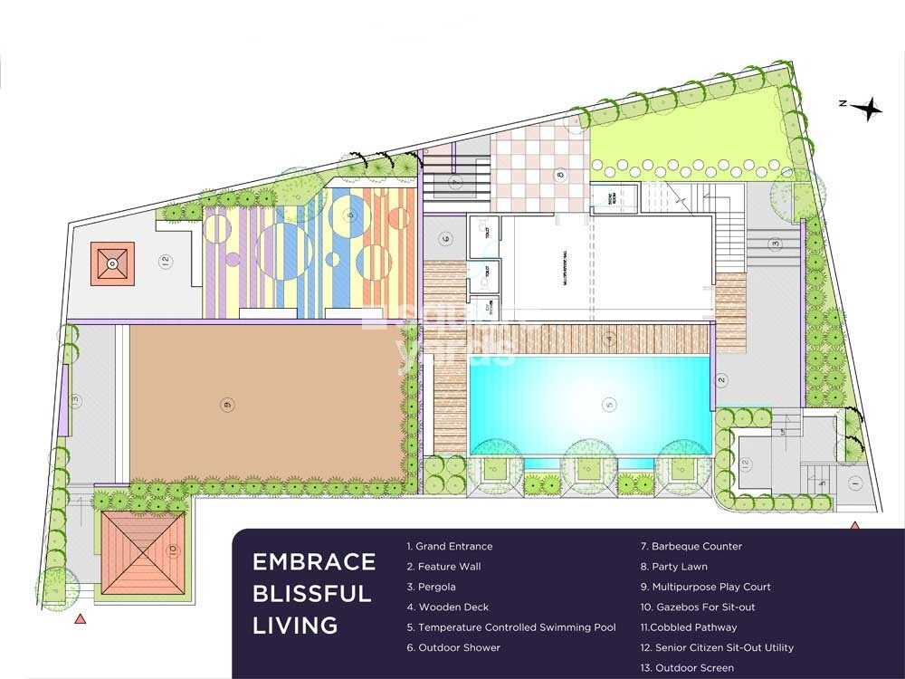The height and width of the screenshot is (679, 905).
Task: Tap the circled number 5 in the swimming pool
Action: [x=609, y=404]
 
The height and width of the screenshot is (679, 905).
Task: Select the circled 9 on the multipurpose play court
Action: [x=226, y=404]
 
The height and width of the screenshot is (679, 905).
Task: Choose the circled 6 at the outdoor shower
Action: [x=445, y=239]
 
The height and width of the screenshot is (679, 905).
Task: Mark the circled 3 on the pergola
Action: [x=775, y=243]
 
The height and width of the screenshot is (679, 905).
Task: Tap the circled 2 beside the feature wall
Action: [x=722, y=379]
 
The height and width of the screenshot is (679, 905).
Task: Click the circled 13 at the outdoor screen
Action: [x=76, y=400]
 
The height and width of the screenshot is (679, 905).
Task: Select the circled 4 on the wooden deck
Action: [x=610, y=339]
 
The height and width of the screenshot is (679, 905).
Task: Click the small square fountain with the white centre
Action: [x=111, y=263]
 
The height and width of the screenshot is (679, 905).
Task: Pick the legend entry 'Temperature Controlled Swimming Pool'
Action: [x=510, y=627]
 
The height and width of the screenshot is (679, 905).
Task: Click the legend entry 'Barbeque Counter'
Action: [x=691, y=547]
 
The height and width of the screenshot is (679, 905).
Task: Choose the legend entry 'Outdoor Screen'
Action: [x=688, y=668]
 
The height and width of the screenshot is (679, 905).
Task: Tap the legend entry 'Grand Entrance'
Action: [x=450, y=547]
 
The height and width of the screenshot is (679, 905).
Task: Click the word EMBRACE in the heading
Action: [x=314, y=561]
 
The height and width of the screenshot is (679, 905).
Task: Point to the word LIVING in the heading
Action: [x=295, y=625]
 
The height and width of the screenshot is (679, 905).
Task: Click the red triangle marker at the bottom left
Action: [x=81, y=619]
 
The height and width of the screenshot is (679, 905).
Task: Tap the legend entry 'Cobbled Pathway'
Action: [x=689, y=627]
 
